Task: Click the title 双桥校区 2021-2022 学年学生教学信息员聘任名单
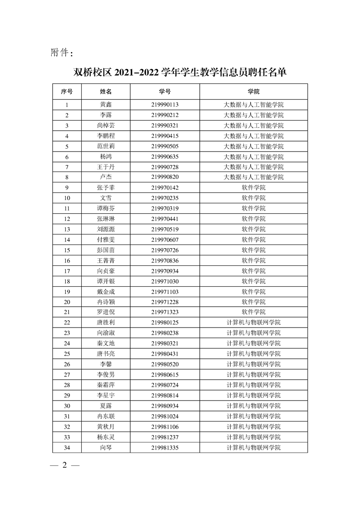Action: click(x=180, y=73)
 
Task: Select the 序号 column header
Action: click(x=67, y=92)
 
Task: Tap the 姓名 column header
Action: click(x=106, y=92)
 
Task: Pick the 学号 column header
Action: click(x=165, y=92)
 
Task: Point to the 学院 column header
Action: click(x=253, y=92)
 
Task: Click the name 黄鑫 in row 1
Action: click(x=106, y=105)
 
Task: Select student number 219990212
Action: click(x=165, y=115)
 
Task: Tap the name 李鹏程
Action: click(x=106, y=136)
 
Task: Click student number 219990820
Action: click(x=165, y=177)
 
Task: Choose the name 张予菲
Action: click(x=106, y=188)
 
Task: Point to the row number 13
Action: click(x=67, y=230)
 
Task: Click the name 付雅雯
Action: click(x=106, y=240)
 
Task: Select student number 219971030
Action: click(x=165, y=281)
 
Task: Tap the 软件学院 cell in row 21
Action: click(x=253, y=313)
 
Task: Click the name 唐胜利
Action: click(x=106, y=323)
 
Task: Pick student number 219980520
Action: click(x=165, y=364)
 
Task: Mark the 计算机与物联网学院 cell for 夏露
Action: click(x=253, y=406)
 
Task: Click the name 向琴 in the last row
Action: click(x=106, y=448)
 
